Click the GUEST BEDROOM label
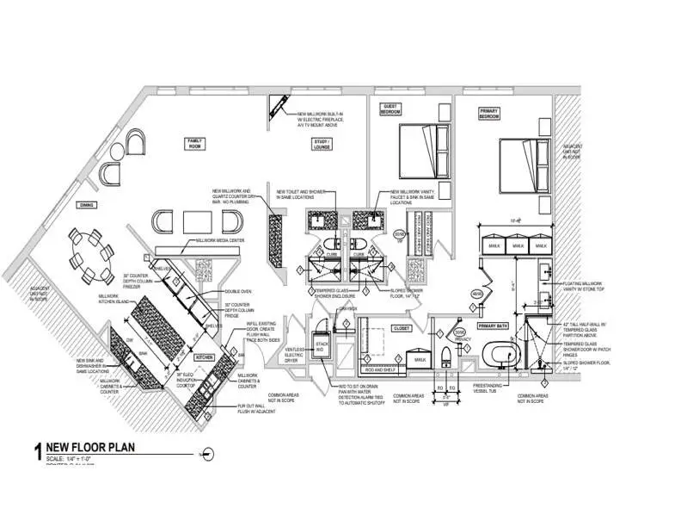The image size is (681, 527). tap(391, 109)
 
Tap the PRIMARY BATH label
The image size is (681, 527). tap(494, 327)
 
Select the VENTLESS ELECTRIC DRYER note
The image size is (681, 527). tap(294, 346)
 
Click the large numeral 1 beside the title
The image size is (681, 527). tap(37, 450)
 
